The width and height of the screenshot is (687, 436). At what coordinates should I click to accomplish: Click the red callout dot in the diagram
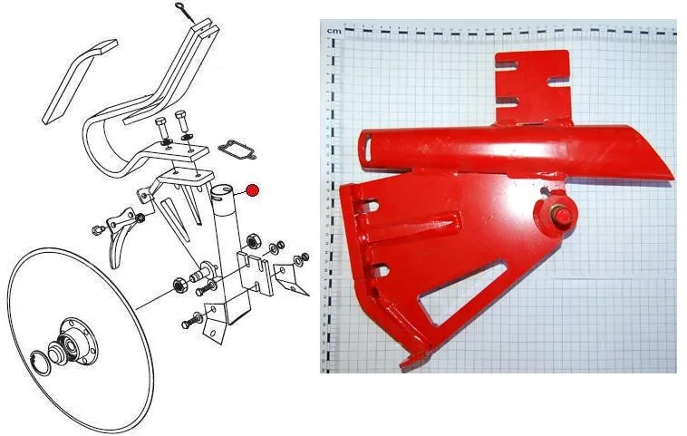point(252,190)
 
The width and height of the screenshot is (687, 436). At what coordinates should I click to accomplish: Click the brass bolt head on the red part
point(560,216)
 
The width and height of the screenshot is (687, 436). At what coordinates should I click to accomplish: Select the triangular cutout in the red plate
point(462,291)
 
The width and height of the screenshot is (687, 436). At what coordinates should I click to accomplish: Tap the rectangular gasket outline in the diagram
point(237,150)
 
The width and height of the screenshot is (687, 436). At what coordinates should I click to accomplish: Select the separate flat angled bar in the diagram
point(79,82)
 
